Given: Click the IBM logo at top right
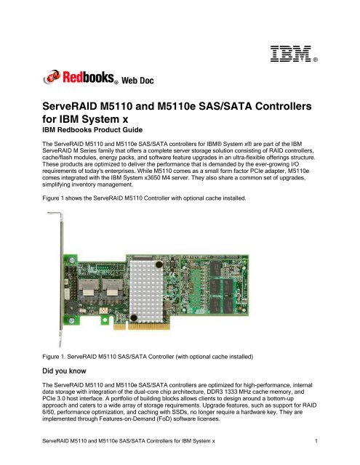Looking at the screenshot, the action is tap(297, 52).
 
